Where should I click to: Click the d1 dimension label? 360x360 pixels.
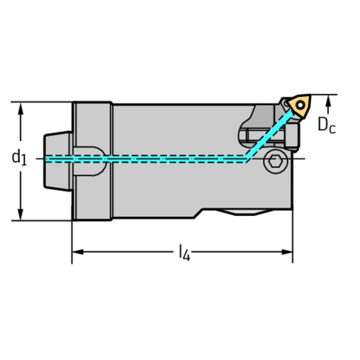(x=19, y=157)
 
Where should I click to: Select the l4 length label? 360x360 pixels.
(x=184, y=253)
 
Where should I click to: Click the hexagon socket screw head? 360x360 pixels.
(x=276, y=161)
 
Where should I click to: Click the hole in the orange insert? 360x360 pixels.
(x=300, y=105)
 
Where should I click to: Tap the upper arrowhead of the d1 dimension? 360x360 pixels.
(x=21, y=109)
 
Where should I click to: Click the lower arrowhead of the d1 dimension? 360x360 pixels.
(x=21, y=214)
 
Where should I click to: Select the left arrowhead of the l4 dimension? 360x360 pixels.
(x=78, y=252)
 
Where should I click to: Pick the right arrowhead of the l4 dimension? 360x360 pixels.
(x=287, y=252)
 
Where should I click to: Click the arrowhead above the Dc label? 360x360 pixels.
(x=329, y=101)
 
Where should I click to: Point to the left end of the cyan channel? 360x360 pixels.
(x=46, y=159)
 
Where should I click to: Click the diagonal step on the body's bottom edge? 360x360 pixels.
(x=198, y=213)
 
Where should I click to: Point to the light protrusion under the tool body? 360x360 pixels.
(x=245, y=212)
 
